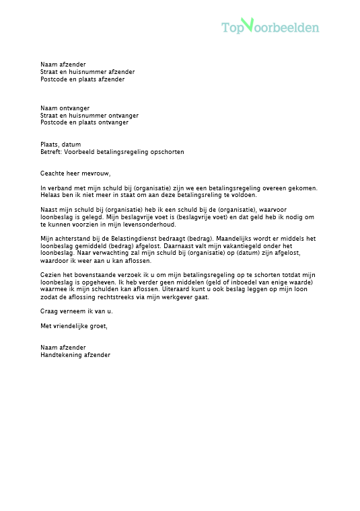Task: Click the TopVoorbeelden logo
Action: [270, 27]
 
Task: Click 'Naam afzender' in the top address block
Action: [63, 65]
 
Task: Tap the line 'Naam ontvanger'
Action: [65, 108]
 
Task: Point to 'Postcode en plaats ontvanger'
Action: [84, 122]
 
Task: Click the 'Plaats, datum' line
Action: [61, 145]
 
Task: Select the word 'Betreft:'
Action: [51, 152]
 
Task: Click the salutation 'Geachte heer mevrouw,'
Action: [75, 173]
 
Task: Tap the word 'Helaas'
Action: [50, 195]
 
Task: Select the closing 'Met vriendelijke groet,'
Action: [73, 326]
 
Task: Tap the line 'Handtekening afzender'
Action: [75, 355]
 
